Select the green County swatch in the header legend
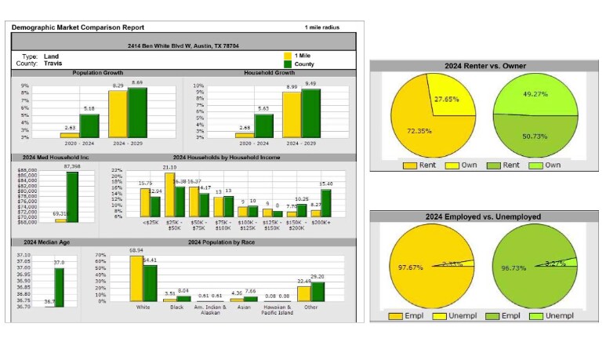pos(288,64)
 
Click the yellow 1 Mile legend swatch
pos(288,56)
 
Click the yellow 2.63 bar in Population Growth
pos(71,135)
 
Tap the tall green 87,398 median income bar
pos(71,197)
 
